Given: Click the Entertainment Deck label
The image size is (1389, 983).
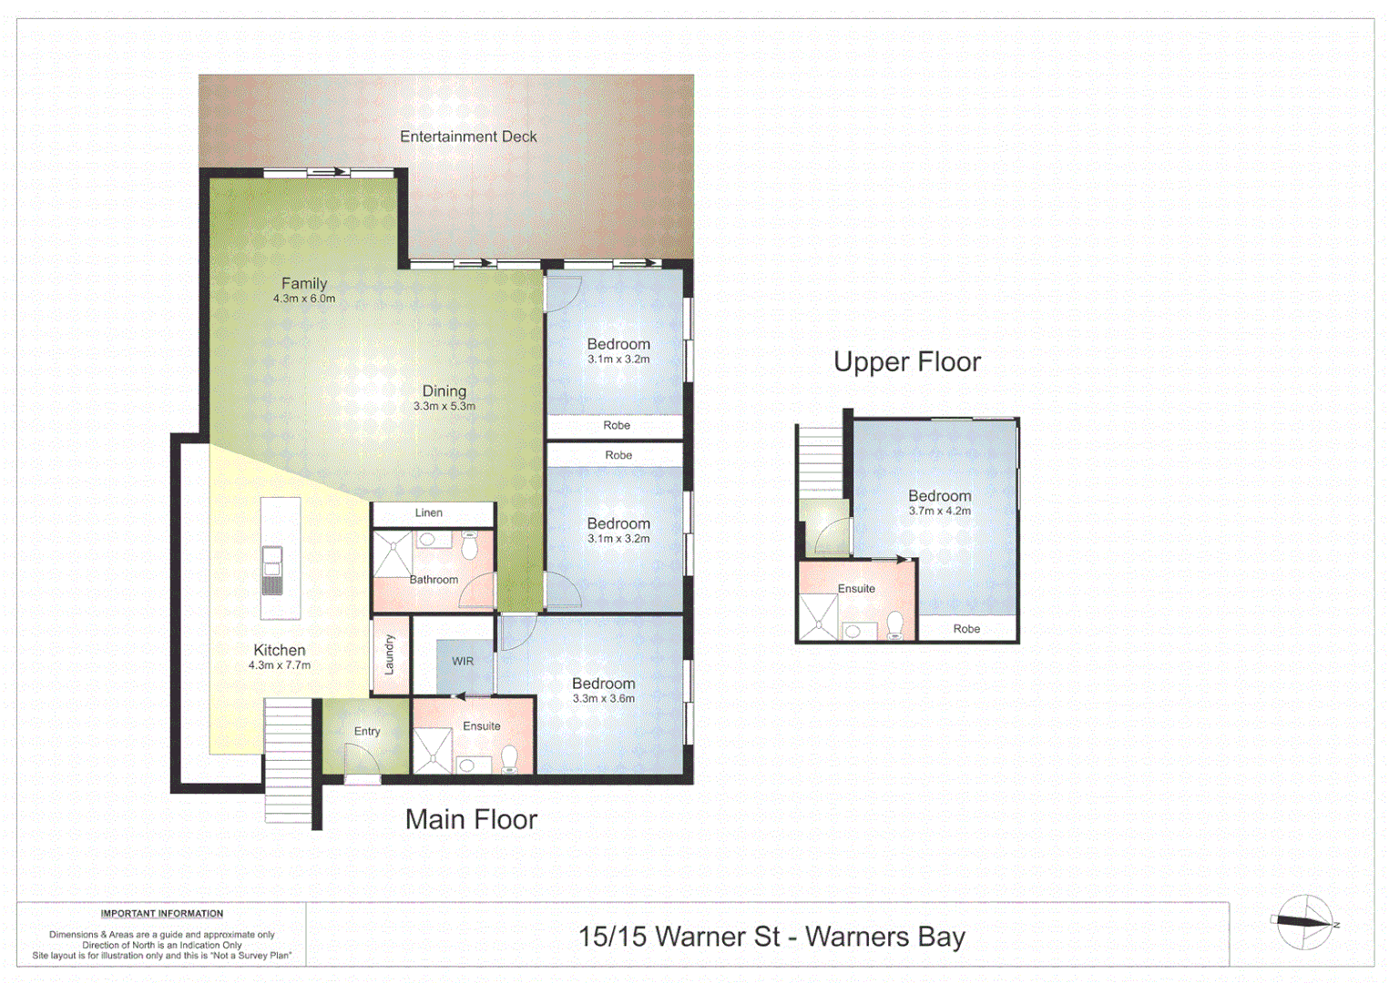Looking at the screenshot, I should click(x=468, y=137).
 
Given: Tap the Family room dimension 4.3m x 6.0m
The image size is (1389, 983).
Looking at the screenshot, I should click(x=304, y=299).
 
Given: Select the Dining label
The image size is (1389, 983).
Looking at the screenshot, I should click(x=444, y=390).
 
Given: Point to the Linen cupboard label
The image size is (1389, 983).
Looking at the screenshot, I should click(x=429, y=513).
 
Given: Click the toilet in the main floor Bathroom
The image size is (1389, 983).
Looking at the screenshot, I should click(x=469, y=546).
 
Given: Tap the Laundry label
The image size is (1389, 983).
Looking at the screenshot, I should click(x=389, y=654).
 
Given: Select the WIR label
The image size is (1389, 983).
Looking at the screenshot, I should click(x=463, y=662).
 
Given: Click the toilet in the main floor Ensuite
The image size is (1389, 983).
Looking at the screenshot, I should click(x=509, y=758).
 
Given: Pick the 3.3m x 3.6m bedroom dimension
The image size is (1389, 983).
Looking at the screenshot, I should click(x=603, y=699).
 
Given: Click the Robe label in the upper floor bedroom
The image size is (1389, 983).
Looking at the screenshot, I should click(x=966, y=629).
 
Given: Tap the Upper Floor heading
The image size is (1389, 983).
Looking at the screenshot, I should click(x=906, y=362).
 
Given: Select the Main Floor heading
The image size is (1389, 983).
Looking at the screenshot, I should click(x=471, y=819).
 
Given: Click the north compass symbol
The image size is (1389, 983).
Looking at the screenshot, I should click(x=1304, y=922).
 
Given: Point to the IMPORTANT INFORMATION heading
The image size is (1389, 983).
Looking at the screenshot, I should click(x=162, y=914).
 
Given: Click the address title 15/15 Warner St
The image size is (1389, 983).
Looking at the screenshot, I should click(x=771, y=937).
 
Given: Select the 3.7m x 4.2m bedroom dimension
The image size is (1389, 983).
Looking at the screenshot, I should click(x=939, y=512).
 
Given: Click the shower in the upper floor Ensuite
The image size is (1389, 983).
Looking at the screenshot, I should click(x=818, y=618).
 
